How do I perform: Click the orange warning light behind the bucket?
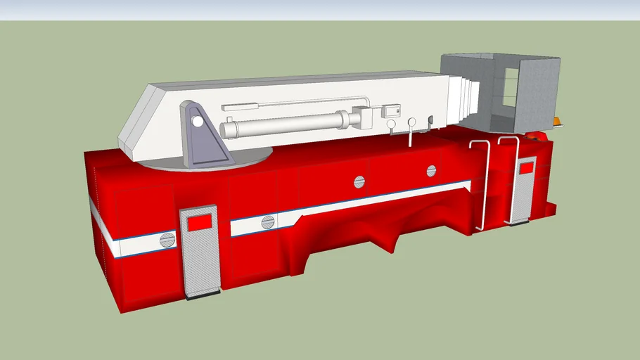pos(558,122)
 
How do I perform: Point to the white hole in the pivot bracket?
pos(198,122)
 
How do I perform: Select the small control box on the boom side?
pos(390,111)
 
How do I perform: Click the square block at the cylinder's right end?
pos(364,117)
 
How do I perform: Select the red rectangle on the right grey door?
pos(525,168)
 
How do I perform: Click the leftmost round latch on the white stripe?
pos(167,240)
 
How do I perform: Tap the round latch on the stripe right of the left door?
pos(267,223)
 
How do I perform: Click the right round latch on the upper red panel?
pos(431,170)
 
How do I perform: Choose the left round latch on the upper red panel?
pos(359,182)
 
